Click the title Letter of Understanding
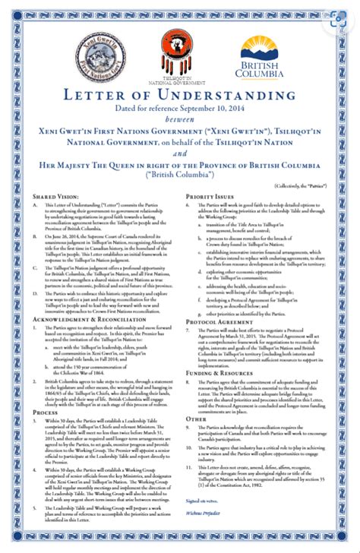click(180, 95)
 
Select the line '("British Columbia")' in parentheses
click(180, 174)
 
